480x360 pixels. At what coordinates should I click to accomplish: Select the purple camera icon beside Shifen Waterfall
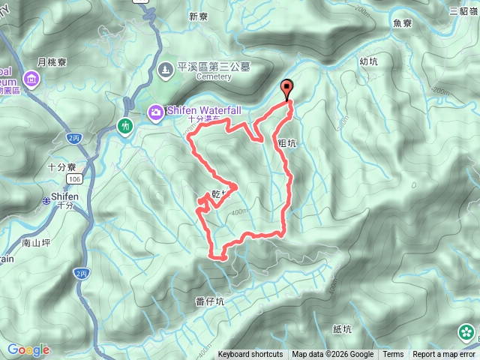[155, 112]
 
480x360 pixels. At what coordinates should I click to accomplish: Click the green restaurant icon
[125, 124]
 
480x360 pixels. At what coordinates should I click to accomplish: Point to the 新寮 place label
[198, 16]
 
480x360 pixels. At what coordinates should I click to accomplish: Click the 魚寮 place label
[403, 22]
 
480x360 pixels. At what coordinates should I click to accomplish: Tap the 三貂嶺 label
[464, 10]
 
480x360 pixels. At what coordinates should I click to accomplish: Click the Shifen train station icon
[46, 200]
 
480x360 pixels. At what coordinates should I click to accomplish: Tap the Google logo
[28, 349]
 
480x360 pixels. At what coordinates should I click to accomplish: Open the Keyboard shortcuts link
[250, 355]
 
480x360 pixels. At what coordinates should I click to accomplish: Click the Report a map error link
[444, 355]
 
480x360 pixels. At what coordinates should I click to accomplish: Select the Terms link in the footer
[393, 355]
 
